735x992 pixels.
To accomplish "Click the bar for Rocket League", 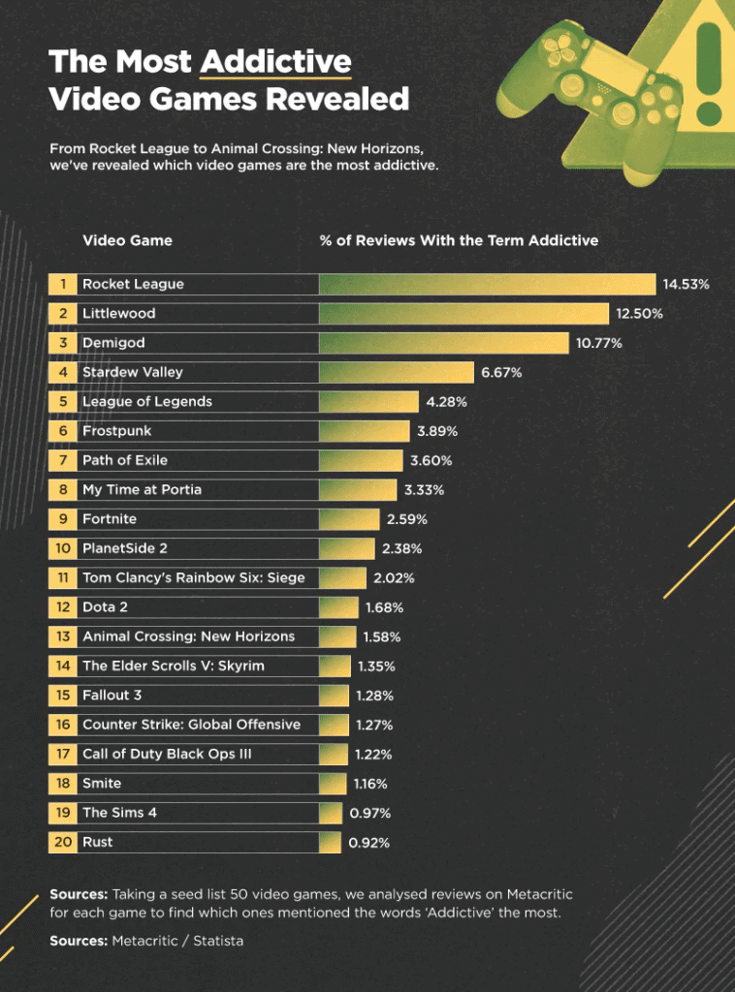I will click(x=487, y=284).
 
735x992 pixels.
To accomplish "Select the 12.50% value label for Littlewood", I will click(x=640, y=314).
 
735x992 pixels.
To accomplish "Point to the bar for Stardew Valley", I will click(x=396, y=372).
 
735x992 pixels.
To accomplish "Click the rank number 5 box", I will click(x=62, y=401).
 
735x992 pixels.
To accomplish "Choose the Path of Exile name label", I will click(x=125, y=460).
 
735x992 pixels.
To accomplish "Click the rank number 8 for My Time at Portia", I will click(x=62, y=489).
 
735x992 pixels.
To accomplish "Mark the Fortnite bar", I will click(x=349, y=519).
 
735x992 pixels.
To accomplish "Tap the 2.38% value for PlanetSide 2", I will click(x=402, y=548).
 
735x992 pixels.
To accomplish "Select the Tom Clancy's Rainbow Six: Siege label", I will click(x=194, y=577).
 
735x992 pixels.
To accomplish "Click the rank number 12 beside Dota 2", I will click(x=62, y=607).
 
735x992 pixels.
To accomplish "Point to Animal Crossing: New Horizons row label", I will click(x=188, y=636).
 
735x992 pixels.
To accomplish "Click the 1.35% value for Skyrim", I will click(x=376, y=666).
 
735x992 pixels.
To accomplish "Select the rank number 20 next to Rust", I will click(x=62, y=842).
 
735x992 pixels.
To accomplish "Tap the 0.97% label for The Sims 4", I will click(x=369, y=813).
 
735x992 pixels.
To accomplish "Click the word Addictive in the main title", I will click(x=275, y=62).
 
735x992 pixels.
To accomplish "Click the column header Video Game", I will click(x=127, y=240).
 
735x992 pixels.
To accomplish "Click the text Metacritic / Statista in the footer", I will click(x=177, y=940).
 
